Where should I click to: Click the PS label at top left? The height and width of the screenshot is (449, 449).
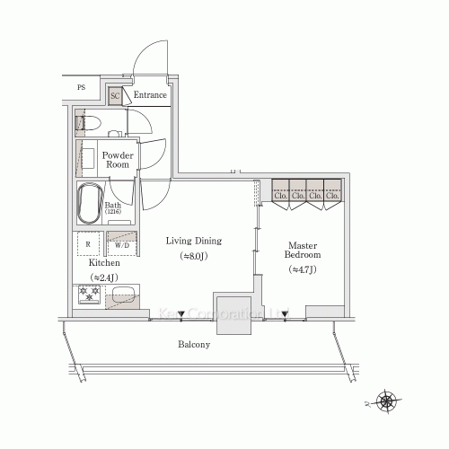(x=81, y=87)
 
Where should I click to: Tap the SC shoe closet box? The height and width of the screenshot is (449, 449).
(x=115, y=94)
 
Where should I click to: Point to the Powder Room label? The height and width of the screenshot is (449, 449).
(x=119, y=160)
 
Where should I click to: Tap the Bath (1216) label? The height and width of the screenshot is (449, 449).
(x=112, y=208)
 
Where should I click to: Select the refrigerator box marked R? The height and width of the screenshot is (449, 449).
(x=87, y=243)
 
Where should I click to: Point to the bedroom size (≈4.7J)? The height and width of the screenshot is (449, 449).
(x=300, y=269)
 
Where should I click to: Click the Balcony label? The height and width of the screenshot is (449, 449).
(x=194, y=345)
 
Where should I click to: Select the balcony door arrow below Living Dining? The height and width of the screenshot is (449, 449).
(x=182, y=314)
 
